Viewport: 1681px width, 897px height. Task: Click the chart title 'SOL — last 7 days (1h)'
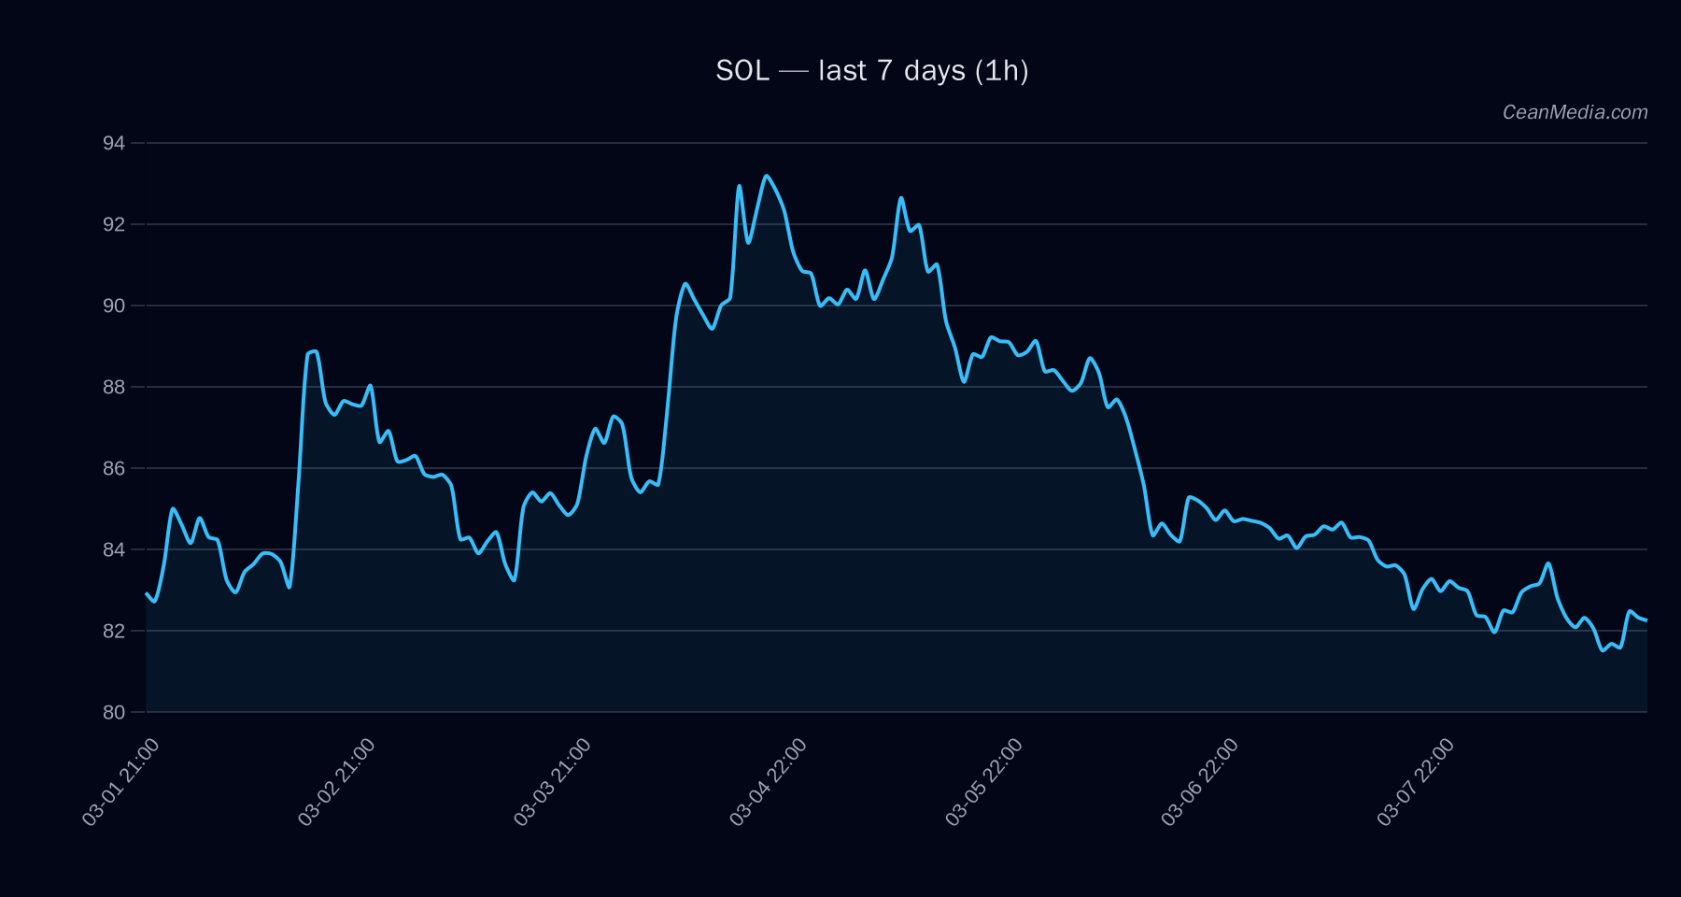pyautogui.click(x=871, y=71)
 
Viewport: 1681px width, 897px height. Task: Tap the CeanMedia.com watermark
pyautogui.click(x=1575, y=112)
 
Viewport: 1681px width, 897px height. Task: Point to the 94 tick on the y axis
pyautogui.click(x=114, y=143)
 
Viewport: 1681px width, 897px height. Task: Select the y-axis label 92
pyautogui.click(x=114, y=224)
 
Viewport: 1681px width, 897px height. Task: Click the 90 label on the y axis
pyautogui.click(x=114, y=306)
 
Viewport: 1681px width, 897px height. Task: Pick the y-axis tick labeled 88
pyautogui.click(x=114, y=387)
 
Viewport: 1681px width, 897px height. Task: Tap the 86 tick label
pyautogui.click(x=114, y=468)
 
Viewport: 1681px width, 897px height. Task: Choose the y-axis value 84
pyautogui.click(x=114, y=549)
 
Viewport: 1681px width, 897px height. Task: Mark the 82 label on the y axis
pyautogui.click(x=114, y=631)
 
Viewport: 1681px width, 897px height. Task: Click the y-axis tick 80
pyautogui.click(x=114, y=712)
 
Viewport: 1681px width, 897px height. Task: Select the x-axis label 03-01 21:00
pyautogui.click(x=120, y=781)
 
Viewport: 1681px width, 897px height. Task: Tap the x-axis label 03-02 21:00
pyautogui.click(x=336, y=781)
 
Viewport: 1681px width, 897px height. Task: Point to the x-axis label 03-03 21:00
pyautogui.click(x=552, y=781)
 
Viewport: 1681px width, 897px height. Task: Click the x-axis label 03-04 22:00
pyautogui.click(x=768, y=781)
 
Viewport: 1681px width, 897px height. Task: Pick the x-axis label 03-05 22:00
pyautogui.click(x=983, y=781)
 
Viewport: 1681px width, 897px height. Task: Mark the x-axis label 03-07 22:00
pyautogui.click(x=1415, y=781)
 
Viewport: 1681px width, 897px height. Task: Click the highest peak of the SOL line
pyautogui.click(x=766, y=176)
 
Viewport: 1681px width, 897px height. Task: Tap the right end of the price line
pyautogui.click(x=1646, y=619)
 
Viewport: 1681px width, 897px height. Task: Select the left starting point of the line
pyautogui.click(x=147, y=592)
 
